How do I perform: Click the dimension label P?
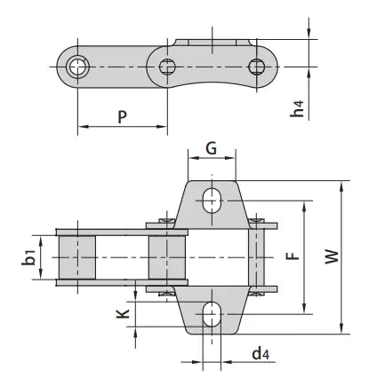[121, 115]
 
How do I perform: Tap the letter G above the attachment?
[212, 149]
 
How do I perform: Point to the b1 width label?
[30, 257]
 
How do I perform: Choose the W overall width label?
[331, 258]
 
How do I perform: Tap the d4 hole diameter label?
[260, 355]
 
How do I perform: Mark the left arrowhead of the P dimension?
[82, 128]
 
